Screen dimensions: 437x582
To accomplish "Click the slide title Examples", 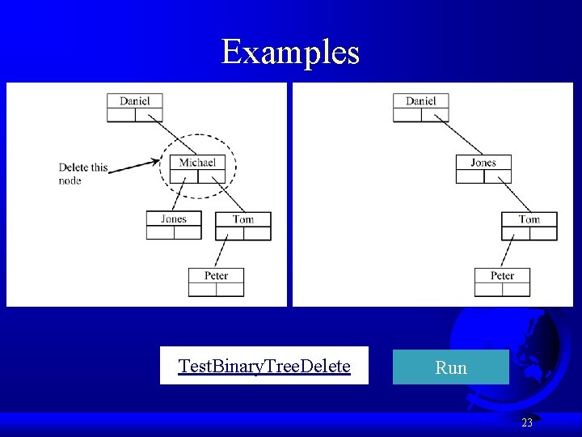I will (x=290, y=52).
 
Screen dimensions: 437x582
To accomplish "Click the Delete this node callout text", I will (x=82, y=174).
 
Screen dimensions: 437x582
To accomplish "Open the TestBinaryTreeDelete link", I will (x=264, y=367).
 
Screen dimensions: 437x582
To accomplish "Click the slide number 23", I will (x=527, y=422).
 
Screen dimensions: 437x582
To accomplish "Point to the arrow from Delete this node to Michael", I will (x=133, y=165).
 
